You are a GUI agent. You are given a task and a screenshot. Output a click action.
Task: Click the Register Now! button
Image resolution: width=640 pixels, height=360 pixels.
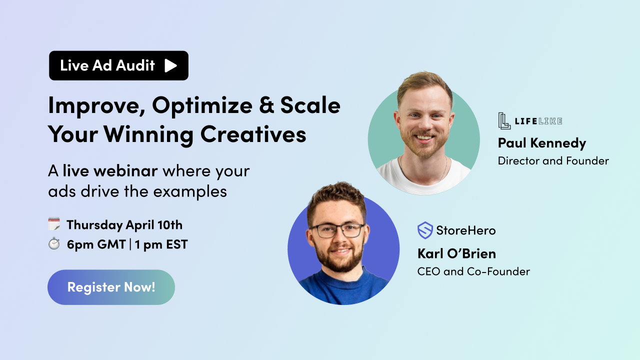pyautogui.click(x=111, y=287)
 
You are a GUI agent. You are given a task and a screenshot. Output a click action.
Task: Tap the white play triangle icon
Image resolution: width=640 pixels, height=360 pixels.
pyautogui.click(x=170, y=65)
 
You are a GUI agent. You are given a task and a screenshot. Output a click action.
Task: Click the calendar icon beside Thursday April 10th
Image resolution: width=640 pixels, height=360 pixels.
pyautogui.click(x=54, y=224)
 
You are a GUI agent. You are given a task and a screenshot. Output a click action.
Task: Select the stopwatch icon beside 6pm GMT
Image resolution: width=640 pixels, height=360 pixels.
pyautogui.click(x=54, y=244)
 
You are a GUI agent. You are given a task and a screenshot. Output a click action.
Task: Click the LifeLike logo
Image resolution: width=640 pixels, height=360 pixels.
pyautogui.click(x=530, y=121)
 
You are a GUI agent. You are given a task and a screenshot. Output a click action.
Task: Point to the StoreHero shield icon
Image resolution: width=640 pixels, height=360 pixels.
pyautogui.click(x=425, y=230)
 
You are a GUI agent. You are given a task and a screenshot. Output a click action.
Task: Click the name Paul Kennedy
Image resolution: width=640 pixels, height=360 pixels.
pyautogui.click(x=541, y=143)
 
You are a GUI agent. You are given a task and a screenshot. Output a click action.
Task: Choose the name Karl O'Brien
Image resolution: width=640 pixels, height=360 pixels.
pyautogui.click(x=456, y=253)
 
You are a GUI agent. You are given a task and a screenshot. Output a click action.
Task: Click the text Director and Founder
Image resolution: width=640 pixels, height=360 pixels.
pyautogui.click(x=553, y=161)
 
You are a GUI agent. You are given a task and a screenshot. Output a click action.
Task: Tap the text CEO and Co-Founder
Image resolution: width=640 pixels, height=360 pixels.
pyautogui.click(x=473, y=271)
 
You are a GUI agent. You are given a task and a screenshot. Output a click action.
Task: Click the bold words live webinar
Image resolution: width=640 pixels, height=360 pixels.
pyautogui.click(x=110, y=171)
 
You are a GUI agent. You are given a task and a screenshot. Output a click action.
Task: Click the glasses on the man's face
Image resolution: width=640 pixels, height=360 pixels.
pyautogui.click(x=337, y=230)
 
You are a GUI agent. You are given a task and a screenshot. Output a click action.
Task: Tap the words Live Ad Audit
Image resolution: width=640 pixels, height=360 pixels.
pyautogui.click(x=107, y=65)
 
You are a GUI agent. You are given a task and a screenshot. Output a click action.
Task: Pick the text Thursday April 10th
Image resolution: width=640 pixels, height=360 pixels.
pyautogui.click(x=124, y=225)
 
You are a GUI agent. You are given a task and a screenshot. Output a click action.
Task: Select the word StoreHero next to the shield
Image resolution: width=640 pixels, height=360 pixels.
pyautogui.click(x=465, y=230)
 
